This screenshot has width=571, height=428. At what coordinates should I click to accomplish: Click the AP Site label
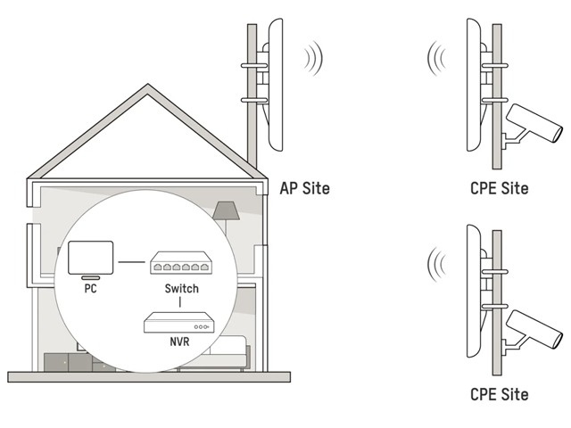point(304,188)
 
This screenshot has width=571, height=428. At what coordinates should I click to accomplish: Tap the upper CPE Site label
point(499,188)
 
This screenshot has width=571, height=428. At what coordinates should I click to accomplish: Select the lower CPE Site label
point(499,393)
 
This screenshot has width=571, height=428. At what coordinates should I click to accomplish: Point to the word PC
point(91,289)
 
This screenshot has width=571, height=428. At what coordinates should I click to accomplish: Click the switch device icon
point(181,263)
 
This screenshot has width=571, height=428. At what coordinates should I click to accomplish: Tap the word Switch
point(181,289)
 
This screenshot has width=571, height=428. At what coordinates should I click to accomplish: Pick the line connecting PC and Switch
point(132,262)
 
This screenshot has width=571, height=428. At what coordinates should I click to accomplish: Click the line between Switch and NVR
point(181,303)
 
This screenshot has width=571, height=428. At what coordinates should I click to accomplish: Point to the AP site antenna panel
point(273,85)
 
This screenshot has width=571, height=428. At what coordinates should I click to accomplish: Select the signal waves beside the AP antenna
point(313,59)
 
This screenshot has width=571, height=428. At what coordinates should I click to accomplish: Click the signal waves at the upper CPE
point(437,59)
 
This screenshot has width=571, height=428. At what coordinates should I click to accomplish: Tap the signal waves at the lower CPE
point(437,265)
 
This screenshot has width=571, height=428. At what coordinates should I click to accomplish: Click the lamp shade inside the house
point(225,210)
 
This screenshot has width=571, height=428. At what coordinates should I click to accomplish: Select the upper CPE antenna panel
point(476,85)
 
